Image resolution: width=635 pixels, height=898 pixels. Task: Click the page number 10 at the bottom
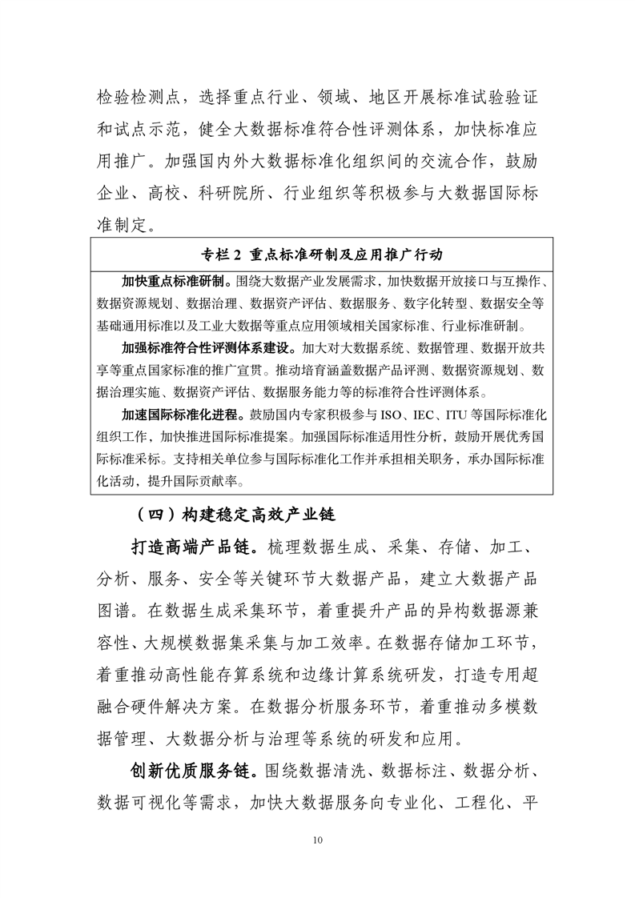318,840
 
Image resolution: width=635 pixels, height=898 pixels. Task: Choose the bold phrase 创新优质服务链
193,771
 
